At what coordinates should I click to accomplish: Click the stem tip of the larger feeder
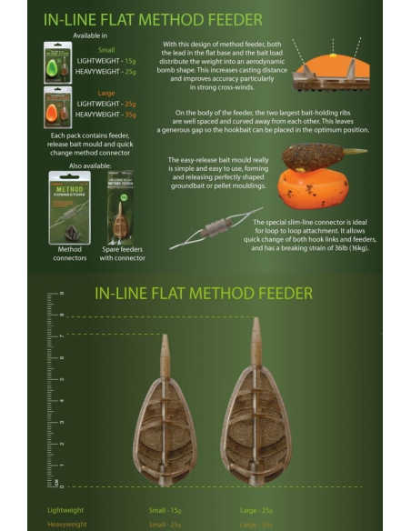[256, 322]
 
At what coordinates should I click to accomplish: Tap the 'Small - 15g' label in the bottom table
[167, 510]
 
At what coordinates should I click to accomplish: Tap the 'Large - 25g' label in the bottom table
[258, 510]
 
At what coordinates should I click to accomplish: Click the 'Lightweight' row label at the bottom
[69, 510]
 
